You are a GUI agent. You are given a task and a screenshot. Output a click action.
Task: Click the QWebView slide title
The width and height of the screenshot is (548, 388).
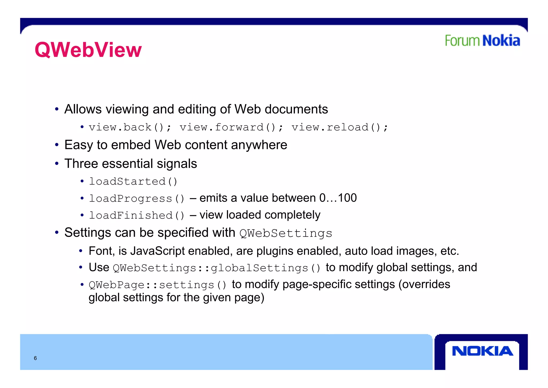coord(88,50)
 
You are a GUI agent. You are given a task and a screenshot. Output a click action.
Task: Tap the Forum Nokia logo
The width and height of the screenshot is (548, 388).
coord(482,41)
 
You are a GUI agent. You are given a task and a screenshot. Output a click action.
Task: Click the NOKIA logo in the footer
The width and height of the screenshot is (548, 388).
coord(482,351)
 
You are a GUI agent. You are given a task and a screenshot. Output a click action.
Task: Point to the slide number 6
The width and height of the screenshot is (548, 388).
coord(35,358)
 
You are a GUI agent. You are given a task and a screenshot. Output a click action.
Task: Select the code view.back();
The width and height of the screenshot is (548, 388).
coord(130,127)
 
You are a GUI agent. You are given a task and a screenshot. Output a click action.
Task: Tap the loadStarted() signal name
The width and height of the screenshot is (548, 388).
coord(133,182)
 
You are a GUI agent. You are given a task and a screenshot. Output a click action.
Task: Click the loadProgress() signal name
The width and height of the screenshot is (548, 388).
coord(137,199)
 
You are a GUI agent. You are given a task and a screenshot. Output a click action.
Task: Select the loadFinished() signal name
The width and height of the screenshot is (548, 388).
coord(137,215)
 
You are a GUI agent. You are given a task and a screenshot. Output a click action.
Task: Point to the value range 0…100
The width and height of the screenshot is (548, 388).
coord(338,198)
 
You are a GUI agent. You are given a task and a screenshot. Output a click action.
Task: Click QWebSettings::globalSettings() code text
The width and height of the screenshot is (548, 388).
coord(217,268)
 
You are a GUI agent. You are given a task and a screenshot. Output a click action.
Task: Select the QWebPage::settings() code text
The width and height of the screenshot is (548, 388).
coord(158,285)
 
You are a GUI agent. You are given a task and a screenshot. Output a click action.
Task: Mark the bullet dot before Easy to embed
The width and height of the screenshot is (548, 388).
coord(57,145)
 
